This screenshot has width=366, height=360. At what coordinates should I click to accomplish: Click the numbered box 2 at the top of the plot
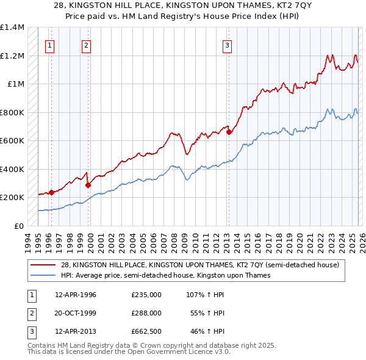87,45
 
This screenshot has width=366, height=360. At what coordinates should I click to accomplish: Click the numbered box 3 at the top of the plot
227,45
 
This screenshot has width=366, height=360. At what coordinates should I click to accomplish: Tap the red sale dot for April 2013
229,132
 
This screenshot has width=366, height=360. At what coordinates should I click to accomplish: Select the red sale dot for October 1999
88,185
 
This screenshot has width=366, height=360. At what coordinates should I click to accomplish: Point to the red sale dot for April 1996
51,192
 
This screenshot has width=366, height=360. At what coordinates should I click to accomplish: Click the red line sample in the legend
44,265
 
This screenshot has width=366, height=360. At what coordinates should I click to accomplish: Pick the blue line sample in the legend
44,275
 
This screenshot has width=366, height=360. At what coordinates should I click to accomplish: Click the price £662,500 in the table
146,331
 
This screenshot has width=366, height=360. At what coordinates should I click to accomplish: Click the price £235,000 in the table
146,295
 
